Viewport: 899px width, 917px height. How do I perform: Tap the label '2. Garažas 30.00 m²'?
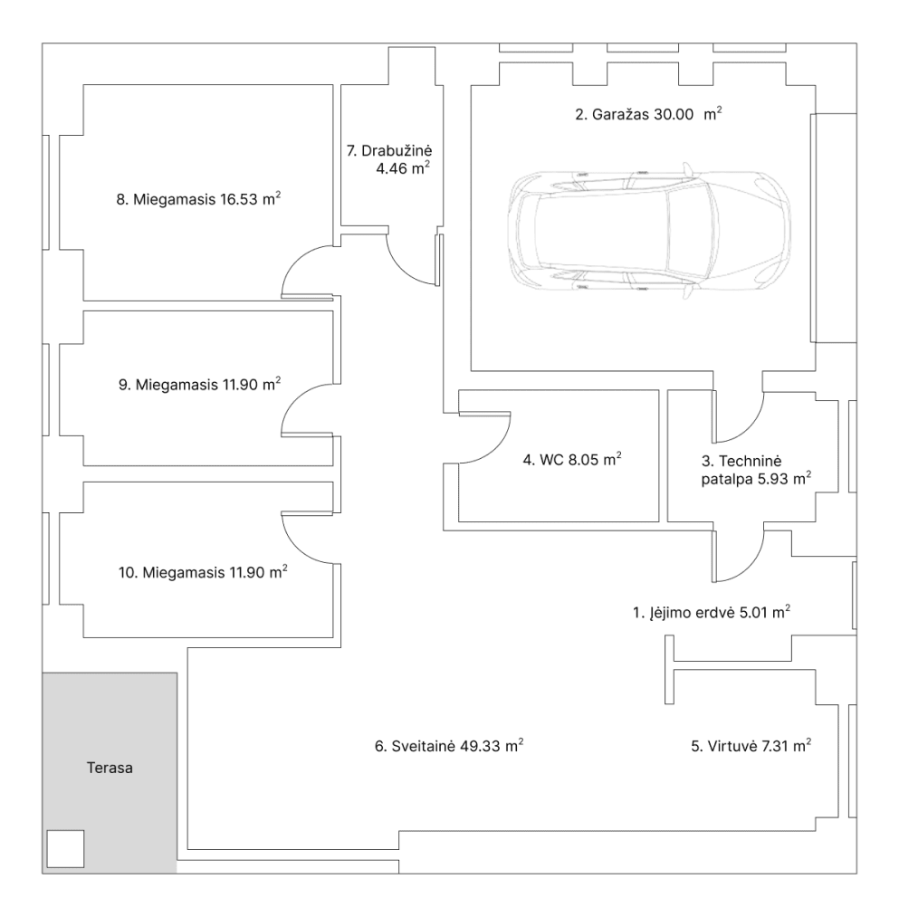pyautogui.click(x=648, y=113)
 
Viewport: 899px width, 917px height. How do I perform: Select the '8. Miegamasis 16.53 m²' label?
pyautogui.click(x=198, y=199)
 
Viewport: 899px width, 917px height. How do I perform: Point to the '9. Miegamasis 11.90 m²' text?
pyautogui.click(x=199, y=384)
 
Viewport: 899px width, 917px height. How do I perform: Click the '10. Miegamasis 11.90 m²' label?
pyautogui.click(x=203, y=571)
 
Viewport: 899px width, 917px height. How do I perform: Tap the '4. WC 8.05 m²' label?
pyautogui.click(x=572, y=459)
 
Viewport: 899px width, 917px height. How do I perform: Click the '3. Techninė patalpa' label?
pyautogui.click(x=756, y=470)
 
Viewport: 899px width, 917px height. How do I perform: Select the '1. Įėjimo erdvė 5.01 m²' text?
pyautogui.click(x=712, y=612)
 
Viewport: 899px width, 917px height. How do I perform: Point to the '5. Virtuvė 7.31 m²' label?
pyautogui.click(x=751, y=746)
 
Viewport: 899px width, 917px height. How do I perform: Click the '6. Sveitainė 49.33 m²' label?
pyautogui.click(x=449, y=746)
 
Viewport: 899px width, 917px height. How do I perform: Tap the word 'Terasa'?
pyautogui.click(x=110, y=768)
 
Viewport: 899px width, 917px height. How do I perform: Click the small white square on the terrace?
pyautogui.click(x=65, y=848)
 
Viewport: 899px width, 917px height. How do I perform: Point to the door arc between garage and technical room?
pyautogui.click(x=750, y=428)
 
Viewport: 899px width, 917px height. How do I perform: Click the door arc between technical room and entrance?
pyautogui.click(x=750, y=568)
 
